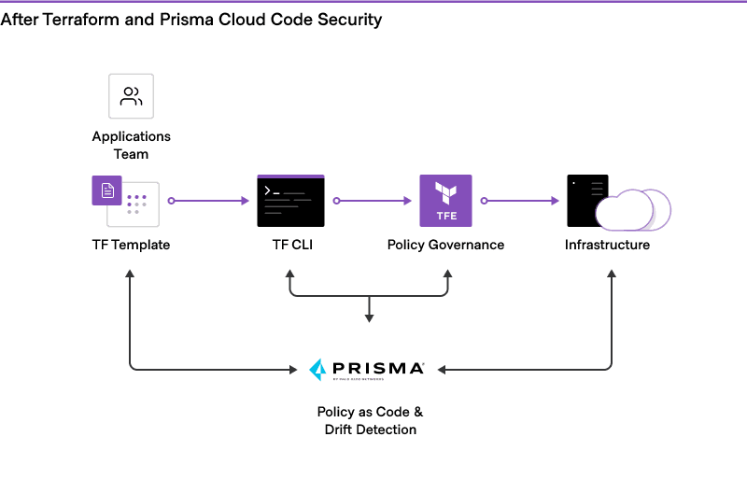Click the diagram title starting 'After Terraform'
(x=190, y=20)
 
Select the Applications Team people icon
(x=131, y=96)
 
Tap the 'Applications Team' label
(x=131, y=145)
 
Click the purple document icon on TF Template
(x=107, y=190)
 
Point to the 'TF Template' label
(x=131, y=245)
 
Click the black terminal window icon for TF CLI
(x=290, y=201)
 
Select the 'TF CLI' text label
(x=290, y=245)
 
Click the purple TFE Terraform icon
(x=445, y=201)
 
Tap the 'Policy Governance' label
(x=445, y=245)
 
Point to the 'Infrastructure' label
(x=607, y=245)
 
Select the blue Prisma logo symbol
(x=317, y=370)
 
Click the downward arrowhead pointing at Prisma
(x=369, y=317)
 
